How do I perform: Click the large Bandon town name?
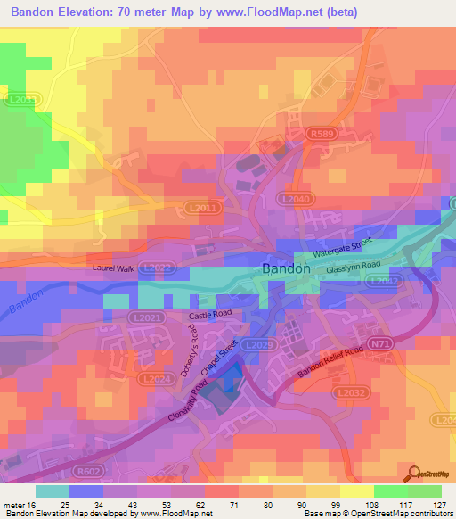point(286,268)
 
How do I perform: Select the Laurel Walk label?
point(113,267)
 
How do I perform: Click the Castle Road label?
point(209,316)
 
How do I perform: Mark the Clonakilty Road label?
point(192,402)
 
